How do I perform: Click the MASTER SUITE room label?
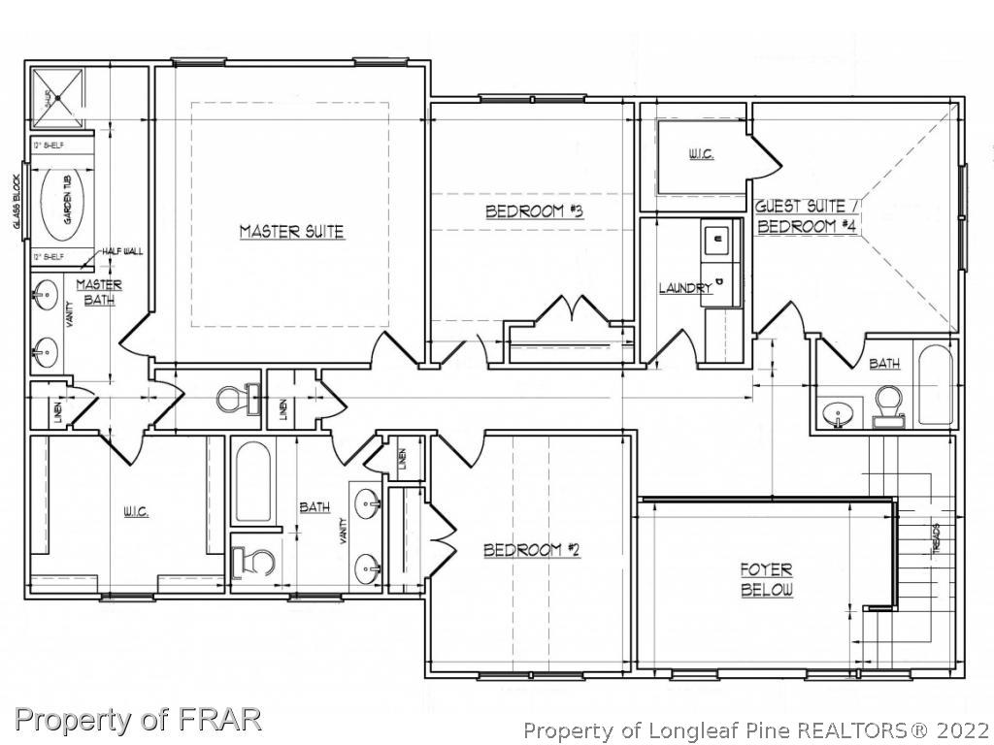[x=291, y=232]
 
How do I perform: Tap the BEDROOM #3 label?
[x=533, y=211]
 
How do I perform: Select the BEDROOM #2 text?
[x=531, y=550]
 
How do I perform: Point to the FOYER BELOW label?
[x=767, y=580]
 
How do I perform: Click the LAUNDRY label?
[x=685, y=288]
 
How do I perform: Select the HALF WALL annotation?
[x=122, y=251]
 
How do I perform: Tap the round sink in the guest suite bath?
[x=836, y=414]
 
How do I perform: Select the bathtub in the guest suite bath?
[x=936, y=385]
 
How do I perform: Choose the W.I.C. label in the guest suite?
[x=701, y=155]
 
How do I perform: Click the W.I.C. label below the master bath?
[x=135, y=511]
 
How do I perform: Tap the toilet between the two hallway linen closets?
[x=232, y=398]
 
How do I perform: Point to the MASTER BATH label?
[x=99, y=292]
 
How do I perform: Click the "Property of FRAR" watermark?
[x=138, y=719]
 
